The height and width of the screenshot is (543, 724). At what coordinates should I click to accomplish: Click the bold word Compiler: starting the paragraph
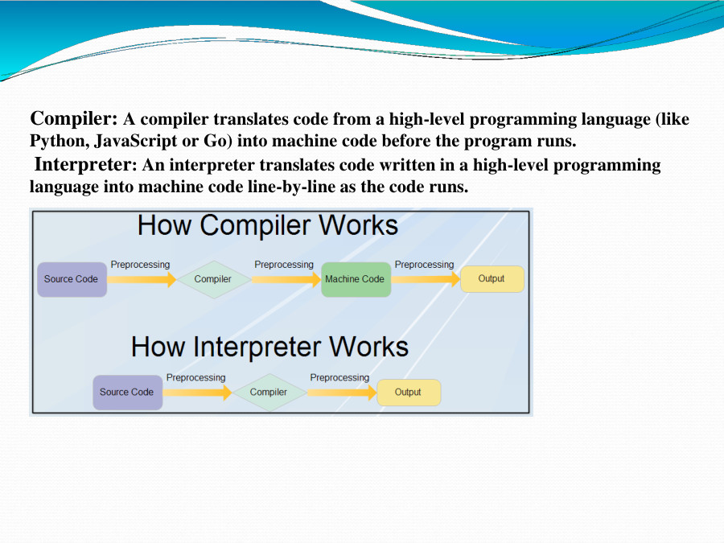74,119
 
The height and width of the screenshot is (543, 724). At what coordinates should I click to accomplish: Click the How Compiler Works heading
268,225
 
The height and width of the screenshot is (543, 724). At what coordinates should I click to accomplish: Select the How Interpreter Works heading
269,347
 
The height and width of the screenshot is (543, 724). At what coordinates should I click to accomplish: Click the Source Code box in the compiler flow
72,279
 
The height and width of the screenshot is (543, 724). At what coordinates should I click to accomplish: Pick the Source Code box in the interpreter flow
127,393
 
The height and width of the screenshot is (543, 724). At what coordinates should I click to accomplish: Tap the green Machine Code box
355,279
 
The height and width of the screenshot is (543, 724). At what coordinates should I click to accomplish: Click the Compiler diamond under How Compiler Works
213,279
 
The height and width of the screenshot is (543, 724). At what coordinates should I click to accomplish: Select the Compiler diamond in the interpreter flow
269,393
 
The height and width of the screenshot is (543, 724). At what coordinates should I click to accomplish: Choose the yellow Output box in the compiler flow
492,279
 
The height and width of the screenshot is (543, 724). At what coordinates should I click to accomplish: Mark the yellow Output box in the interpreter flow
409,393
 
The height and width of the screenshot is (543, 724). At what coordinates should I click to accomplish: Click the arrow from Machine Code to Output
426,279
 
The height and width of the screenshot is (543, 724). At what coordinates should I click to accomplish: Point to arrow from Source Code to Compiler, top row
142,279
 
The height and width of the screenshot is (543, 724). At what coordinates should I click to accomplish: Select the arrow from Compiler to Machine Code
286,279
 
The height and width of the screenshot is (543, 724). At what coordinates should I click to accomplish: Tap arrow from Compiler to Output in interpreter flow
341,393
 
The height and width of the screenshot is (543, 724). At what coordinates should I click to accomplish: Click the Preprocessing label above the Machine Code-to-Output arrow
424,265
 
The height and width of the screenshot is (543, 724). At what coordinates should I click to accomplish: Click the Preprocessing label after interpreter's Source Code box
195,377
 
